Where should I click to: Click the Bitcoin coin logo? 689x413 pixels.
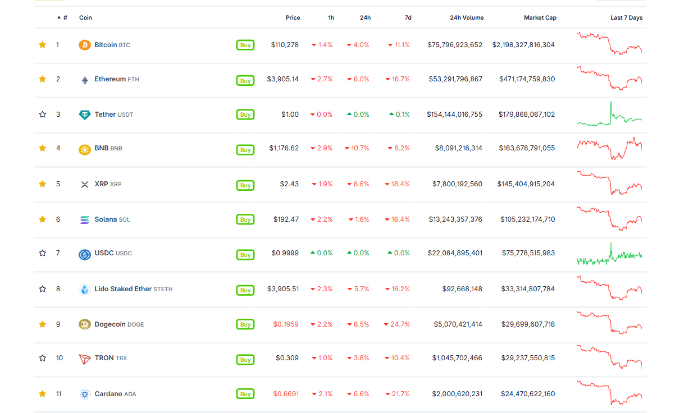coord(85,45)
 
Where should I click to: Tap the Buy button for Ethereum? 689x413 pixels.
coord(245,80)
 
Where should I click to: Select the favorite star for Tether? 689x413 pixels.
coord(43,114)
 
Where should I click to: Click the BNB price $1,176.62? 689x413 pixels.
coord(284,148)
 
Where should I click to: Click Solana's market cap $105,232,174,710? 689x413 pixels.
coord(527,219)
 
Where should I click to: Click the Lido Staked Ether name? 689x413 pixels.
coord(123,289)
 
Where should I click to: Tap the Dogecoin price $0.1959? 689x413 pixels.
coord(286,324)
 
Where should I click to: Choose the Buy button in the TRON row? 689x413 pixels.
coord(245,360)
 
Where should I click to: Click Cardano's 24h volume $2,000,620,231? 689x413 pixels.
coord(457,394)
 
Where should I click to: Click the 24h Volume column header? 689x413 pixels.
coord(467,18)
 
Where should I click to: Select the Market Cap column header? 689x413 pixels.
coord(540,18)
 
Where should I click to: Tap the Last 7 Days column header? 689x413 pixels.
coord(627,18)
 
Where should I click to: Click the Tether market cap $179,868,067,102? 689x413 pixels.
coord(527,114)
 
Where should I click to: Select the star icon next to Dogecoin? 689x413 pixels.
coord(43,324)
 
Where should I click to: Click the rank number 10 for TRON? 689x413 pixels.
coord(60,358)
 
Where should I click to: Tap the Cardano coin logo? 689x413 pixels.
coord(85,394)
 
